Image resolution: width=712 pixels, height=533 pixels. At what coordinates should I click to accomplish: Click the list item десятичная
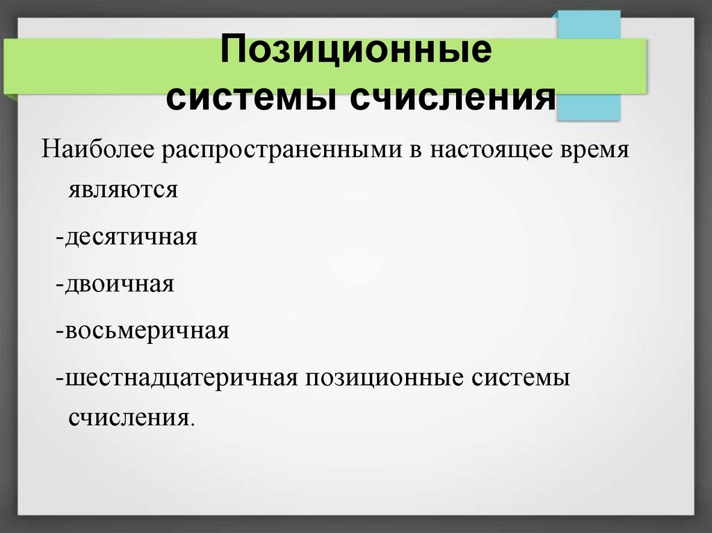point(132,237)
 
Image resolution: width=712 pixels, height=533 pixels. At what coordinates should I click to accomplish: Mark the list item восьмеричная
point(147,329)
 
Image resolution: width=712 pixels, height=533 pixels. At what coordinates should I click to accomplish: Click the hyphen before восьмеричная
point(60,331)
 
